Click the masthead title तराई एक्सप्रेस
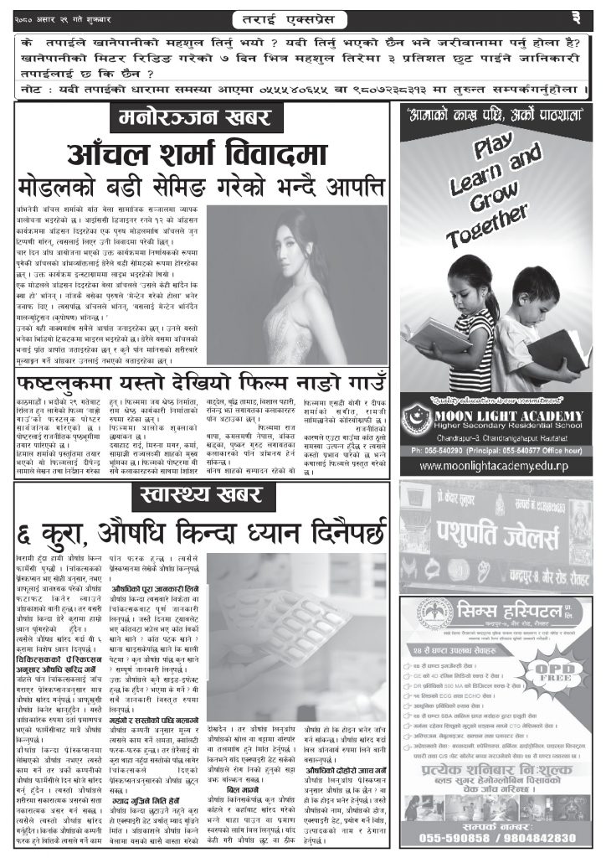tap(302, 18)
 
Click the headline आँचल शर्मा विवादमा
tap(201, 154)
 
